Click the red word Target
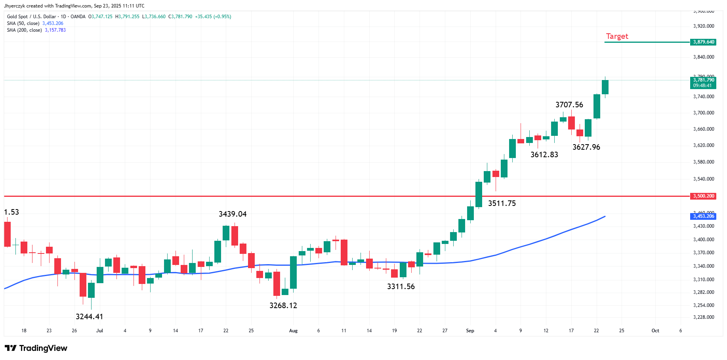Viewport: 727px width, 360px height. (x=617, y=36)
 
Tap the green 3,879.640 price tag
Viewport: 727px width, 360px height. (x=704, y=42)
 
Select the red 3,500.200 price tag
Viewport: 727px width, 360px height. (x=704, y=196)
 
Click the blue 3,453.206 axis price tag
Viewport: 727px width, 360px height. (x=704, y=216)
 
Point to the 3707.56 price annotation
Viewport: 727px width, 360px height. (x=569, y=105)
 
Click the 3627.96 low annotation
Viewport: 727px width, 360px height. (x=586, y=147)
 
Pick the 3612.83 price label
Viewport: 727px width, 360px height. (x=544, y=155)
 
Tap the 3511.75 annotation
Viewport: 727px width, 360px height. (x=502, y=204)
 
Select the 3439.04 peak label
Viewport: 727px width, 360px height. (x=233, y=214)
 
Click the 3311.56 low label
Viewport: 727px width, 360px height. (x=401, y=287)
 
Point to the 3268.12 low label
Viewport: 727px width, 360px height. (x=283, y=306)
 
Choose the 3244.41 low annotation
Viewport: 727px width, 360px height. (x=89, y=317)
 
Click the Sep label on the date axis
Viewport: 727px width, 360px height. (x=470, y=331)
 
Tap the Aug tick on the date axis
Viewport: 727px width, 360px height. (x=293, y=331)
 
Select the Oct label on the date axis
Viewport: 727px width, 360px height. (x=655, y=331)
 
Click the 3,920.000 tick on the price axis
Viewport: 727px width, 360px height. (x=704, y=26)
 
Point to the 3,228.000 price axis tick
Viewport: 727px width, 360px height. (x=704, y=317)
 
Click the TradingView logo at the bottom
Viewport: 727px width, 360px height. (x=36, y=348)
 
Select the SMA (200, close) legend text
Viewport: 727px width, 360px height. (x=24, y=30)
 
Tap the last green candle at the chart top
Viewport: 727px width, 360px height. (x=605, y=87)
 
